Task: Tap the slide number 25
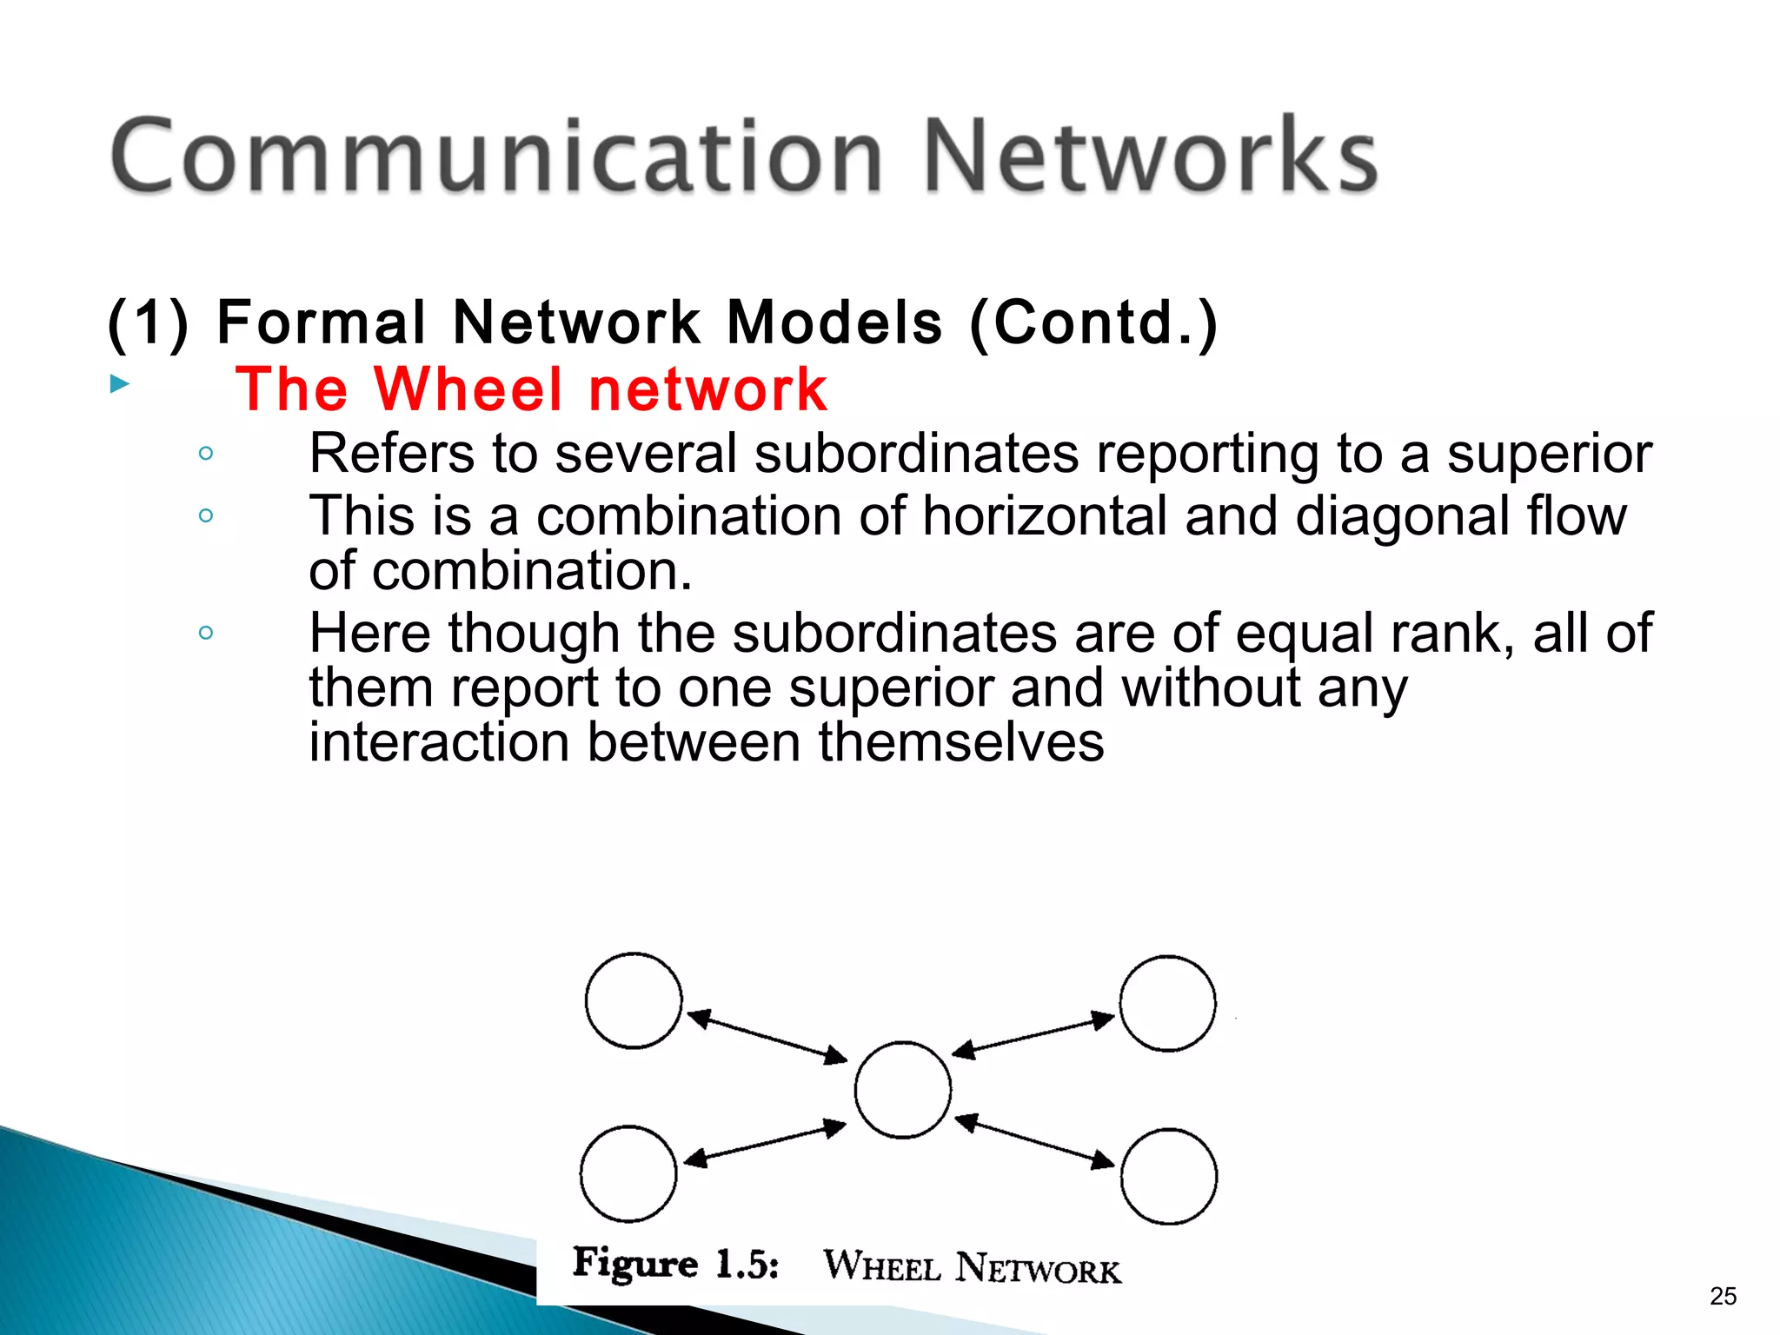click(x=1723, y=1296)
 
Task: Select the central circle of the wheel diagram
click(x=902, y=1090)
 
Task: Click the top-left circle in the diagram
click(x=633, y=1000)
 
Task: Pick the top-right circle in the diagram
click(x=1167, y=1003)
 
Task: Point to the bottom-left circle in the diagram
click(x=628, y=1173)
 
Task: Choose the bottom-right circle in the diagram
click(x=1168, y=1176)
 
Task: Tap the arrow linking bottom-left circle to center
click(x=765, y=1143)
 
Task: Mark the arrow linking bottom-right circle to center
click(x=1034, y=1140)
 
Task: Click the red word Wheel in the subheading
click(x=468, y=389)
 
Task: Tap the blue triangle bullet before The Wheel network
click(x=120, y=383)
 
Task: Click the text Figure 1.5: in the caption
click(x=675, y=1263)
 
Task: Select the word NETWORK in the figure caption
click(x=1038, y=1269)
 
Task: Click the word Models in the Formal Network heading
click(x=834, y=322)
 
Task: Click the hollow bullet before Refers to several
click(x=206, y=453)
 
